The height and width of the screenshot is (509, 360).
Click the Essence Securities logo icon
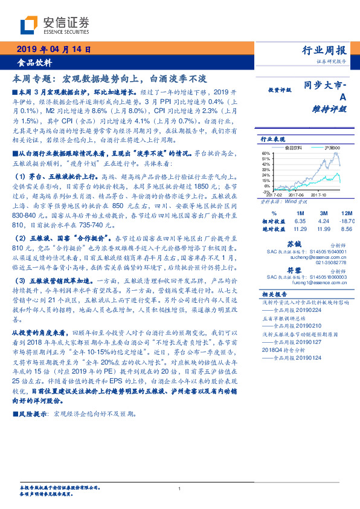click(x=28, y=25)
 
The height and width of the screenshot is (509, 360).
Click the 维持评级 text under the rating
click(x=330, y=109)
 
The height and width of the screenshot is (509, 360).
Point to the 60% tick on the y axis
click(x=265, y=154)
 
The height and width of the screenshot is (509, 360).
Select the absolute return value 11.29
click(x=300, y=230)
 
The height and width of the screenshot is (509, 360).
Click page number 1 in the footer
click(x=180, y=488)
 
